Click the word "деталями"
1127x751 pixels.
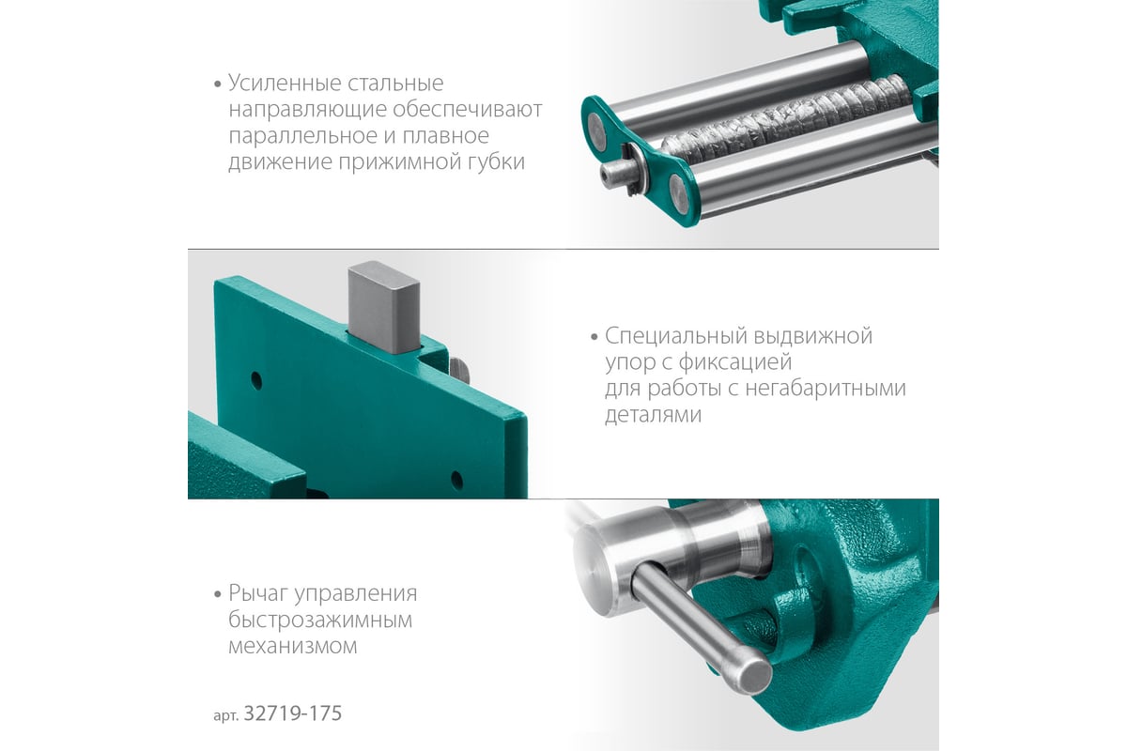[x=653, y=415]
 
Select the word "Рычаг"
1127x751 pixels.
[x=257, y=594]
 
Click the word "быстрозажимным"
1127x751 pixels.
[x=320, y=621]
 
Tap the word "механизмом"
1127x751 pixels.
[x=293, y=647]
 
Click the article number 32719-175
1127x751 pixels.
[x=293, y=713]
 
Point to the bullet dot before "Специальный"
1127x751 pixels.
[x=594, y=337]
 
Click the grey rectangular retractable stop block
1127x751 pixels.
[x=384, y=307]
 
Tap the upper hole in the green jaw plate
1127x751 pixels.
[x=256, y=381]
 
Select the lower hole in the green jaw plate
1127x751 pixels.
[x=456, y=481]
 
